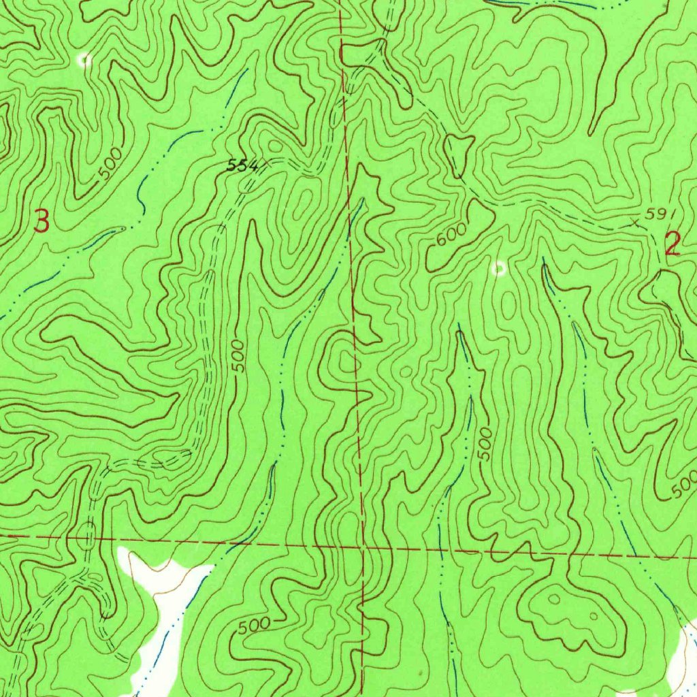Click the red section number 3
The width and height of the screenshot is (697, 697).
click(42, 222)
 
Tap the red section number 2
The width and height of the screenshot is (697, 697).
click(672, 244)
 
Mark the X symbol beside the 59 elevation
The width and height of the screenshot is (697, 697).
click(636, 221)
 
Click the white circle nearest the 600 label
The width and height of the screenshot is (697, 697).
click(499, 269)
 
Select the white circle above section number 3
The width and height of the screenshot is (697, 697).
click(84, 60)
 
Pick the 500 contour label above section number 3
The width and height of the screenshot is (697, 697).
click(111, 163)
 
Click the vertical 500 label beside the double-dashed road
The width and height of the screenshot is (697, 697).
click(236, 357)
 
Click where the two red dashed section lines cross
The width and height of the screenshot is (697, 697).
click(362, 547)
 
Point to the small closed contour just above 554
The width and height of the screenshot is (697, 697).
click(274, 146)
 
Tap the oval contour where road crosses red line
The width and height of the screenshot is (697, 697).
click(86, 536)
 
